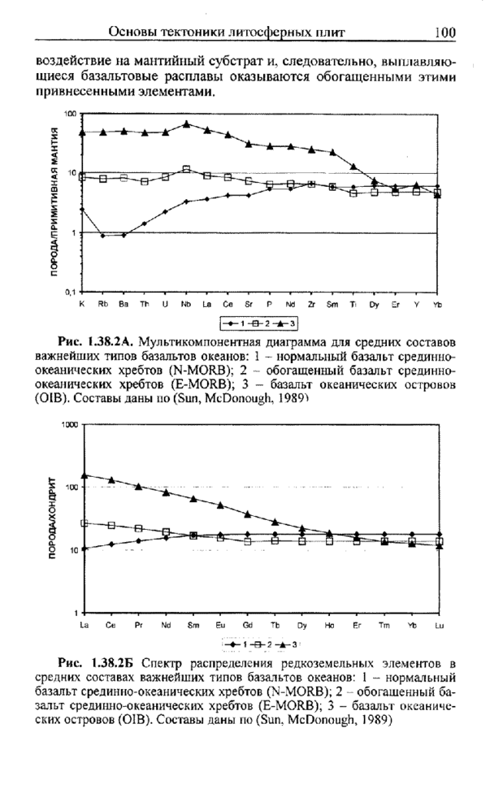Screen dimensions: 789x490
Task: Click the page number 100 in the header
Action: (x=444, y=33)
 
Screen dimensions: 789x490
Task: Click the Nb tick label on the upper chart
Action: (x=186, y=304)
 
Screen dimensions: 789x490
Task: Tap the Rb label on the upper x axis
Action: (x=102, y=304)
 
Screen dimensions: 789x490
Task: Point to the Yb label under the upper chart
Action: (x=437, y=304)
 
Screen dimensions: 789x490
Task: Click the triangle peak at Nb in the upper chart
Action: (x=186, y=124)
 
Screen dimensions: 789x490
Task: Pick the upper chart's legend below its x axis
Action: (x=258, y=323)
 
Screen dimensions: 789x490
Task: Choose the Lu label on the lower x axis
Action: (x=440, y=625)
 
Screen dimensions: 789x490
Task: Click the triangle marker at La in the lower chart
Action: (x=85, y=475)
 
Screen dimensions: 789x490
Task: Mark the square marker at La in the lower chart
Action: (x=85, y=522)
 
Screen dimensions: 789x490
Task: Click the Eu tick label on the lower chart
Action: (x=220, y=625)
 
